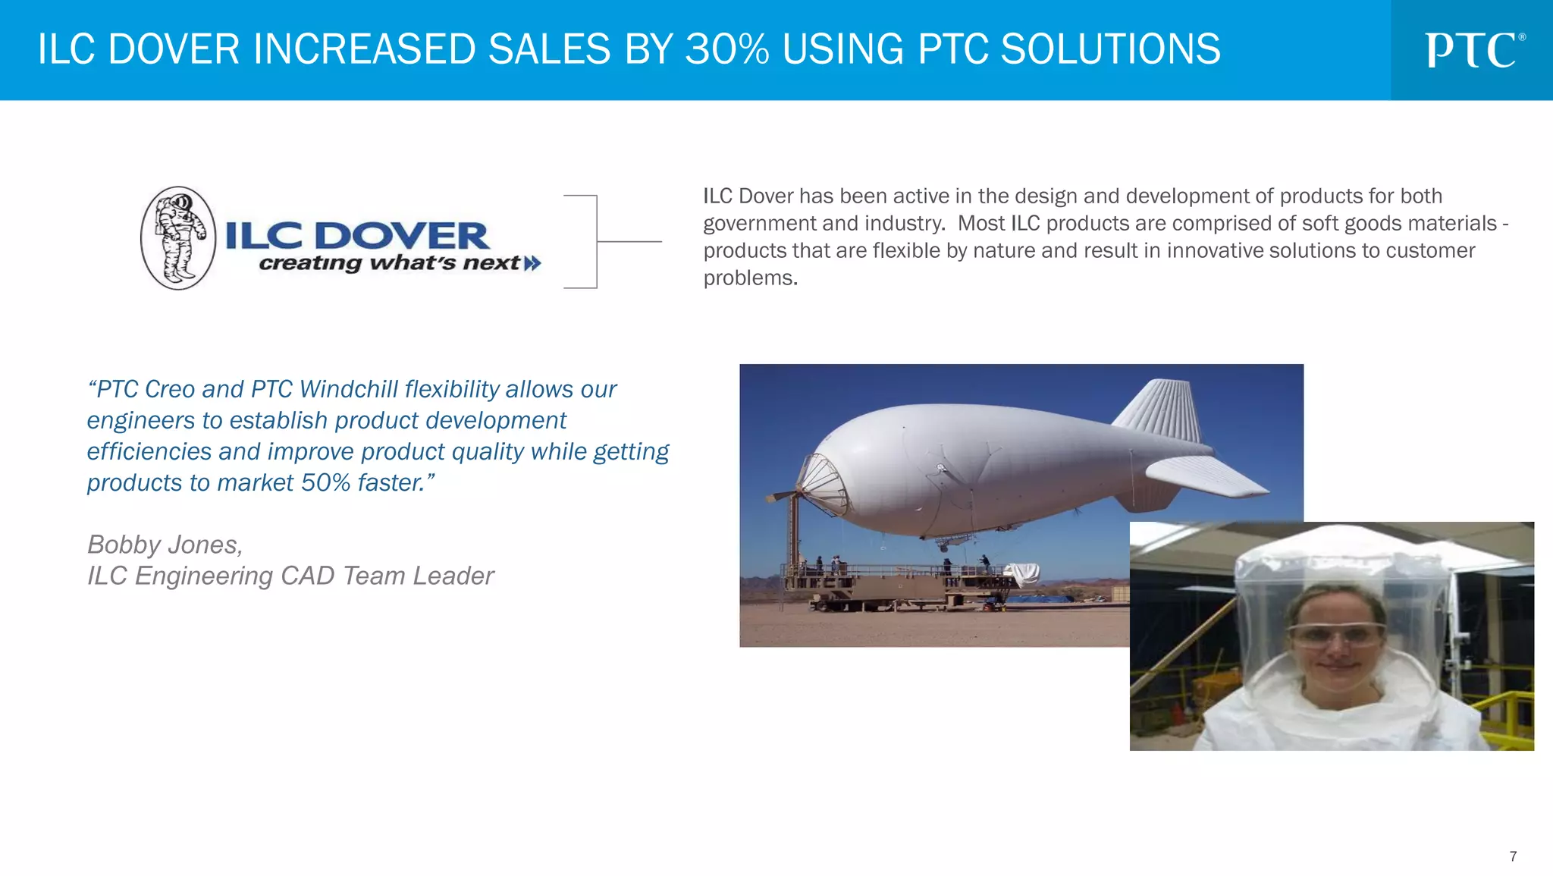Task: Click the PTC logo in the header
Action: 1473,50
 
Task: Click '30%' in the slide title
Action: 726,49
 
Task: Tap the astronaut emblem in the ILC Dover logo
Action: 178,238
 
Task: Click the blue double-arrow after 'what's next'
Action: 533,263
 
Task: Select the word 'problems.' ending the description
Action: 750,278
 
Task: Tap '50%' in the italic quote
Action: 325,482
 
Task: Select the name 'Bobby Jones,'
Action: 165,545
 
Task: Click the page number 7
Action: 1513,856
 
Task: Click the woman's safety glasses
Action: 1336,633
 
